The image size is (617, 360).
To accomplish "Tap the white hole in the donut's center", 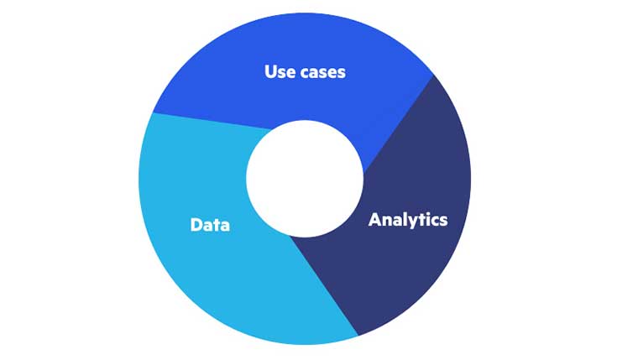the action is (305, 179).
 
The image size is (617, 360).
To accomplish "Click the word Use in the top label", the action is (280, 72).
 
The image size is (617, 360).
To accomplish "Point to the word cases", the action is (323, 73).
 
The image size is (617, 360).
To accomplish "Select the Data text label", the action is (210, 225).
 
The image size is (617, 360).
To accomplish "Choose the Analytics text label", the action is (408, 220).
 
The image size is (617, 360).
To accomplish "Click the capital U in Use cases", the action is (270, 72).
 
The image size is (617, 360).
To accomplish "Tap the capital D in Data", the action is (196, 225).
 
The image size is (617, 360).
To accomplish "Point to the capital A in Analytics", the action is (375, 219).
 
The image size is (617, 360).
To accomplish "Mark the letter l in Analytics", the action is (400, 219).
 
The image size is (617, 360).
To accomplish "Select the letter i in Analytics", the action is (426, 219).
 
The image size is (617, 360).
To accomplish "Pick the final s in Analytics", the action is (443, 221).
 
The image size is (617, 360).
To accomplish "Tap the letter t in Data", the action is (217, 226).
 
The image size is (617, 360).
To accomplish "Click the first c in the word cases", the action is (306, 73).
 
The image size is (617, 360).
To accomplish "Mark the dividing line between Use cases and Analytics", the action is (398, 124).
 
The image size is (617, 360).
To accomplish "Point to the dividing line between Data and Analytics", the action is (324, 286).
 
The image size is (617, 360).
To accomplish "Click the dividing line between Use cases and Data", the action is (212, 121).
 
